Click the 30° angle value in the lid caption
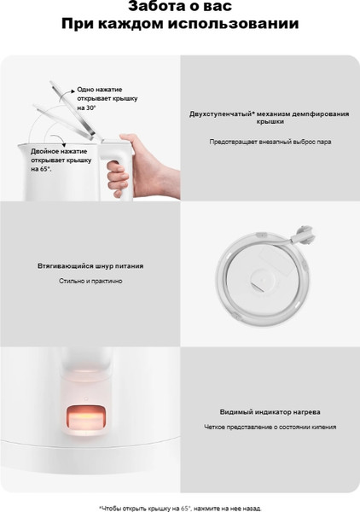coord(91,108)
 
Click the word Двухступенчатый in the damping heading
coord(217,113)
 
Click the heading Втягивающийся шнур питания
coord(90,266)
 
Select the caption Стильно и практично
coord(90,281)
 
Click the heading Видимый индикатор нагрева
coord(270,411)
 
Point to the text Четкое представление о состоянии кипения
coord(270,427)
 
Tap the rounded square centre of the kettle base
coord(264,274)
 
